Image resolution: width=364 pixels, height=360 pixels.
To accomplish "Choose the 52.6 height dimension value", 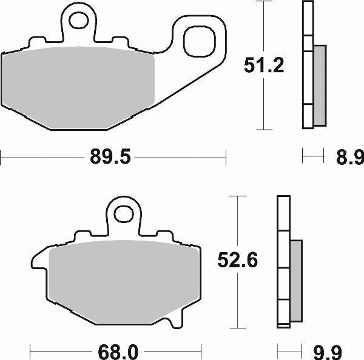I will pyautogui.click(x=238, y=261).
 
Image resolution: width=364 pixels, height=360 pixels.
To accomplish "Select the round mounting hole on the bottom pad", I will pyautogui.click(x=124, y=214).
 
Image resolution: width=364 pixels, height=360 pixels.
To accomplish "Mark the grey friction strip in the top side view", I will pyautogui.click(x=319, y=85).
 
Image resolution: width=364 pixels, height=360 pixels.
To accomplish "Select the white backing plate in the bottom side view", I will pyautogui.click(x=283, y=261).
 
